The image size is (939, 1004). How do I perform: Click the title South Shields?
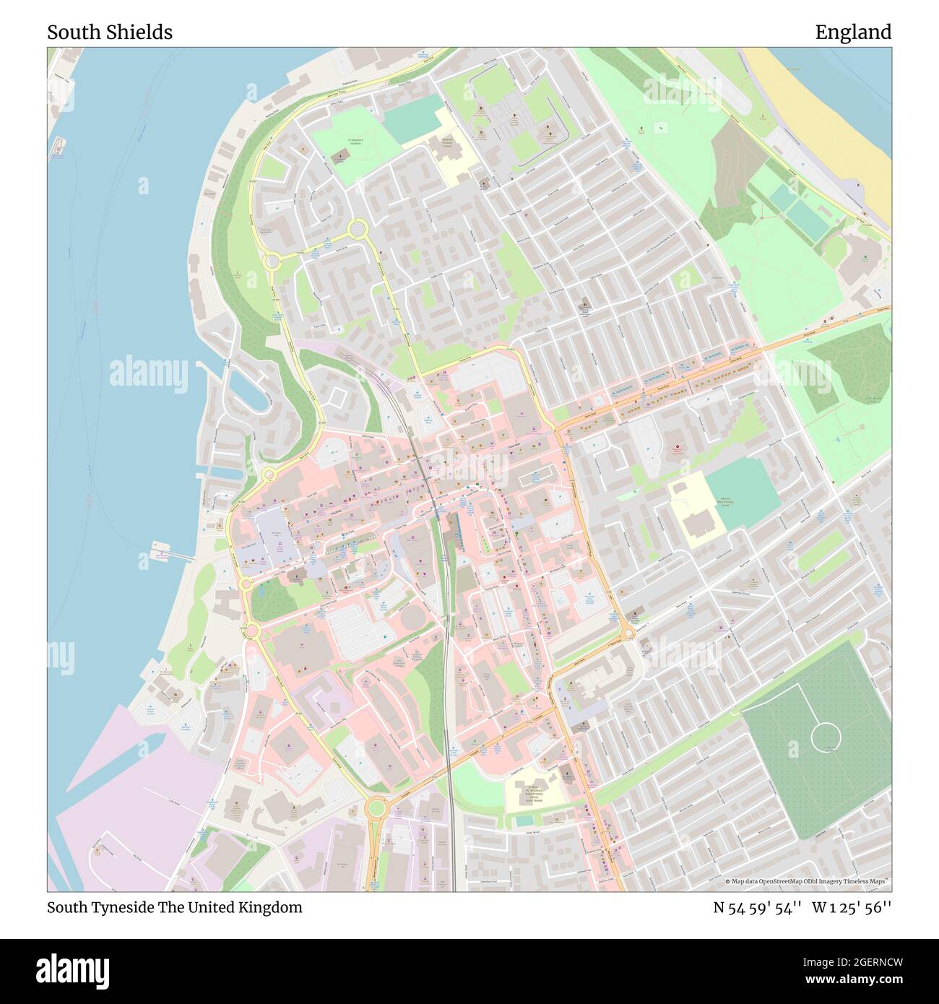[x=110, y=33]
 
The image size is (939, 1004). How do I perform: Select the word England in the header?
[x=853, y=33]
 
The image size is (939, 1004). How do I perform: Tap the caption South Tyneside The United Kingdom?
[x=175, y=907]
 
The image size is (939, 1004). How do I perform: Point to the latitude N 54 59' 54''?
[x=758, y=907]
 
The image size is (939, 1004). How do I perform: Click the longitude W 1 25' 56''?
[x=852, y=907]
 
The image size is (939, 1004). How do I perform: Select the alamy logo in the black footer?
[x=73, y=970]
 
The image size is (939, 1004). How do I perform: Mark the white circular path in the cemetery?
[x=826, y=737]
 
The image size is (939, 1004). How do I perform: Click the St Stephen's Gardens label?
[x=356, y=142]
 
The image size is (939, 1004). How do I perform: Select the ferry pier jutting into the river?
[x=171, y=555]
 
